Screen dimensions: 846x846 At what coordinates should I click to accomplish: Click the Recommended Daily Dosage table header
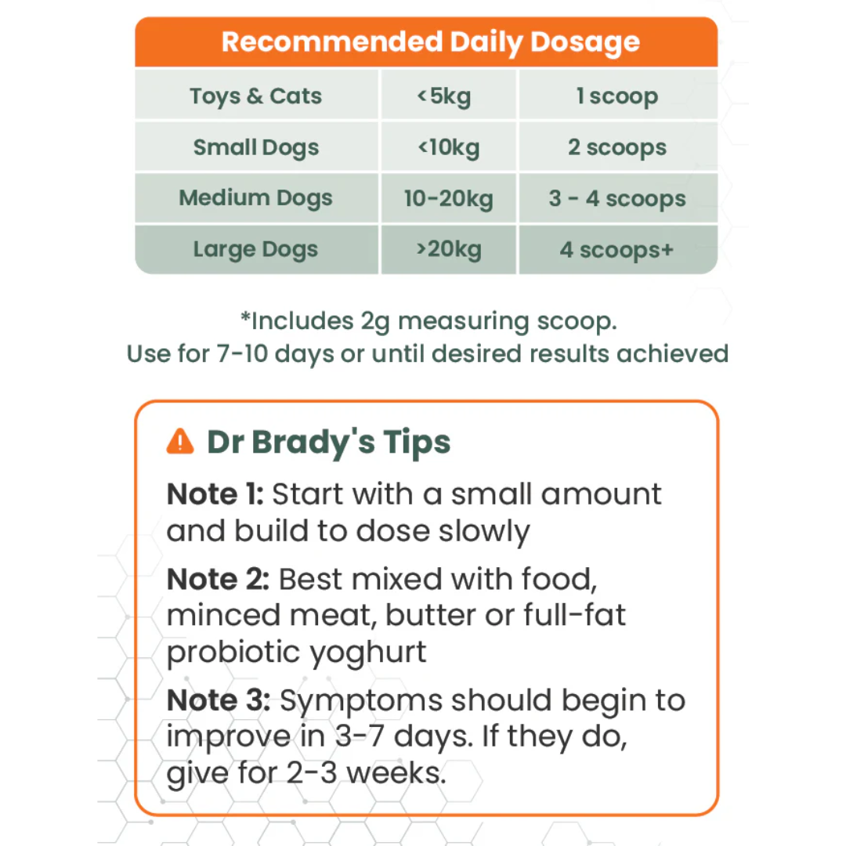pyautogui.click(x=430, y=42)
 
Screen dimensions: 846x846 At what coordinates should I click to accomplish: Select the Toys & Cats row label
pyautogui.click(x=256, y=96)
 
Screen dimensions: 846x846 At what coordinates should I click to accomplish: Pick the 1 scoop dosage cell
pyautogui.click(x=617, y=96)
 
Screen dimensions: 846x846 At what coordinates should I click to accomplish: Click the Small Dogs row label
pyautogui.click(x=256, y=147)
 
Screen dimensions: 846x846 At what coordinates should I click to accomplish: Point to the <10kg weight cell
pyautogui.click(x=448, y=147)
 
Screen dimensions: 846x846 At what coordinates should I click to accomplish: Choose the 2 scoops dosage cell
pyautogui.click(x=617, y=147)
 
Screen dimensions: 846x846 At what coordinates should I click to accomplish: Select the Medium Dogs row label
pyautogui.click(x=256, y=198)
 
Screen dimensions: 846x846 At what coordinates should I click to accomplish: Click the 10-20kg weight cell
pyautogui.click(x=448, y=198)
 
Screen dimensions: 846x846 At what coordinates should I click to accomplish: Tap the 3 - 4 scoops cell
pyautogui.click(x=617, y=198)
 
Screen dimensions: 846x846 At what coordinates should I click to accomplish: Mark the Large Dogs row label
pyautogui.click(x=256, y=250)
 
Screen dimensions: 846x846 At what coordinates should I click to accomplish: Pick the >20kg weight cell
pyautogui.click(x=448, y=250)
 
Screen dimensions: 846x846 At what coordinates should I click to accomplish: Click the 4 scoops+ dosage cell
pyautogui.click(x=617, y=250)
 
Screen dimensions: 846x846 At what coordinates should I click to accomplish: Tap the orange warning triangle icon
pyautogui.click(x=180, y=442)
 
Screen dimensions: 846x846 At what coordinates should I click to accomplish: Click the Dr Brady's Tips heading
pyautogui.click(x=329, y=442)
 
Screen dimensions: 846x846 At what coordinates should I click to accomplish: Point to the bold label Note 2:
pyautogui.click(x=218, y=579)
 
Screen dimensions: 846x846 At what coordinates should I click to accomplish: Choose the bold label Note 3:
pyautogui.click(x=218, y=700)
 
